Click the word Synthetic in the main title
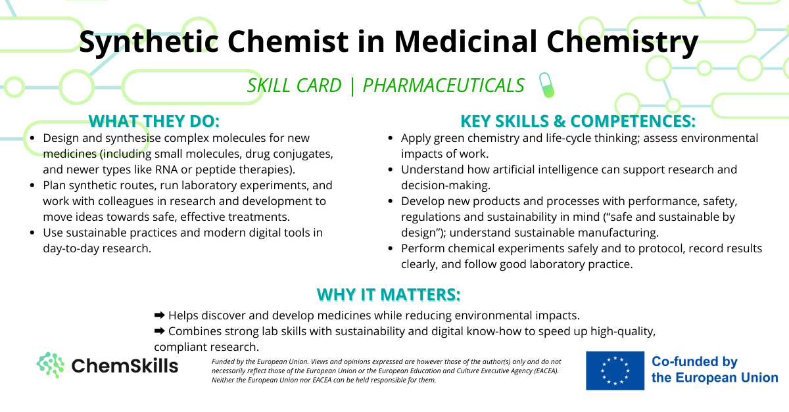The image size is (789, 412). (149, 42)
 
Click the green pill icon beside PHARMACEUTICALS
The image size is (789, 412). (546, 85)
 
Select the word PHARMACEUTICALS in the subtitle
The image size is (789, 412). (443, 85)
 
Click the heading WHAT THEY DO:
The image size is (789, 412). (154, 121)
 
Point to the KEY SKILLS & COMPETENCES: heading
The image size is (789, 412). (578, 121)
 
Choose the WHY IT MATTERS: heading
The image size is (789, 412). (389, 295)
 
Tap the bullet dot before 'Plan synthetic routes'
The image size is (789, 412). (32, 185)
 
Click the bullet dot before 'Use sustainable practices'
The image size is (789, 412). (32, 233)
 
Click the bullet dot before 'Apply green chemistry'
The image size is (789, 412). (391, 138)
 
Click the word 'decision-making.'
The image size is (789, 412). (446, 185)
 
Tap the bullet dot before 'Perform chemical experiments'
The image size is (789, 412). (391, 248)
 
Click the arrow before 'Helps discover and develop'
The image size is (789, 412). (160, 315)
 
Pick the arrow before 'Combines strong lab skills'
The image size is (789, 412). (160, 331)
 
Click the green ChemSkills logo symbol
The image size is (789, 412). (51, 365)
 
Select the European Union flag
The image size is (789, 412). (615, 371)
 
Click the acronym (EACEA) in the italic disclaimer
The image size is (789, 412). (545, 371)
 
